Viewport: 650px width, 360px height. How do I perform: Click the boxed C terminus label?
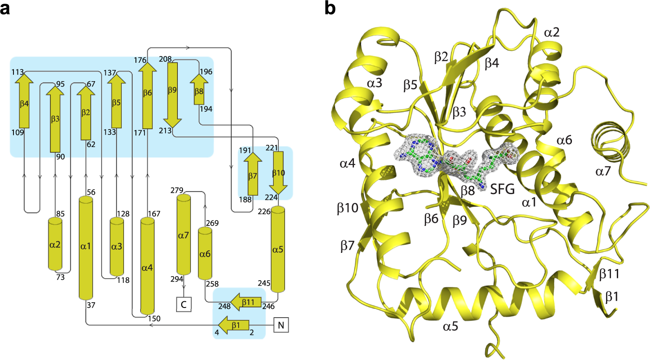184,304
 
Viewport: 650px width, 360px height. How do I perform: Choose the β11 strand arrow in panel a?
245,303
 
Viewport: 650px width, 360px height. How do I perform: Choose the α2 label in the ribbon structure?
553,32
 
